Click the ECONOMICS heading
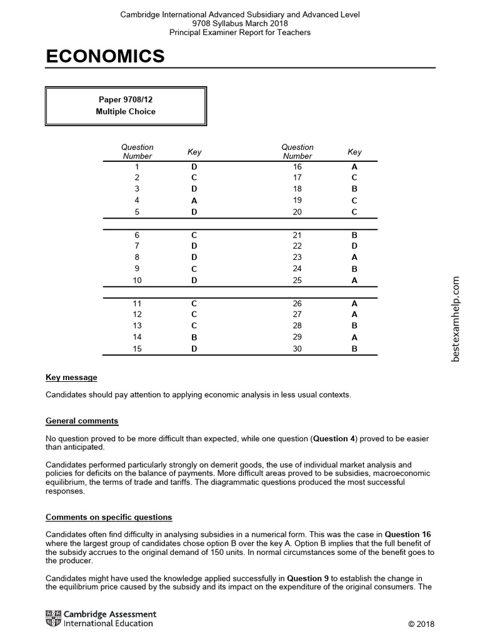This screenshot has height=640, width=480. [105, 57]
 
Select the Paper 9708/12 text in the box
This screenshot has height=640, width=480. [126, 99]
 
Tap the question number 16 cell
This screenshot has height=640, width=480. [297, 167]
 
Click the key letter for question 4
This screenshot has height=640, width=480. [194, 201]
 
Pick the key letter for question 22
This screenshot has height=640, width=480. [354, 246]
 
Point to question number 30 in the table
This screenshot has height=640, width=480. [297, 349]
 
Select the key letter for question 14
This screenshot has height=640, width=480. [194, 337]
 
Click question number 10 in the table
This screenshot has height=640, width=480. [137, 281]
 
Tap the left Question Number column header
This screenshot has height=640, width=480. [137, 151]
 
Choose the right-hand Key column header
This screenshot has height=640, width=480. [354, 152]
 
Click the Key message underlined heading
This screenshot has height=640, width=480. [71, 377]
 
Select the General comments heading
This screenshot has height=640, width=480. [82, 421]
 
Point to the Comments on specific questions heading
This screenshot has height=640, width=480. [109, 517]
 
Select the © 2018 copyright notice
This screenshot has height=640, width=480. [421, 624]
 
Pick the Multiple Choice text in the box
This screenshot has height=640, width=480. [126, 111]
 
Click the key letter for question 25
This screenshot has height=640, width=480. [354, 281]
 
